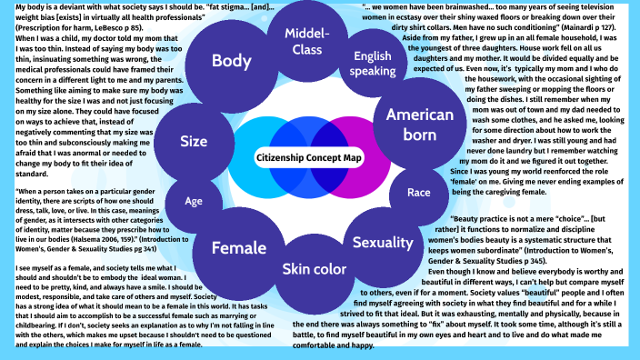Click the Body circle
click(232, 62)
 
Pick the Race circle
click(419, 193)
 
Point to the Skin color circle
click(314, 269)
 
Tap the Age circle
click(194, 201)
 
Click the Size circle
click(194, 142)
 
